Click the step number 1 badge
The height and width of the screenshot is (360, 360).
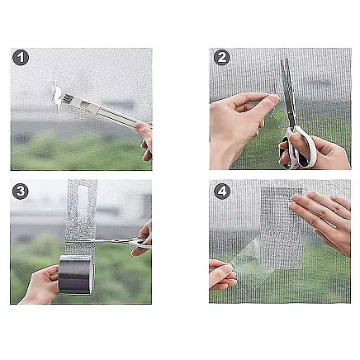click(21, 58)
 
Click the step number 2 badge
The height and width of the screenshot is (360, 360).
click(220, 58)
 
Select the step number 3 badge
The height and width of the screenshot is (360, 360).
click(21, 191)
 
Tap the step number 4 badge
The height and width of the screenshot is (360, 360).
click(220, 191)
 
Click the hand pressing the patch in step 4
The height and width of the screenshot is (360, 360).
click(324, 218)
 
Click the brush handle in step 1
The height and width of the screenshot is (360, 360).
click(111, 114)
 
